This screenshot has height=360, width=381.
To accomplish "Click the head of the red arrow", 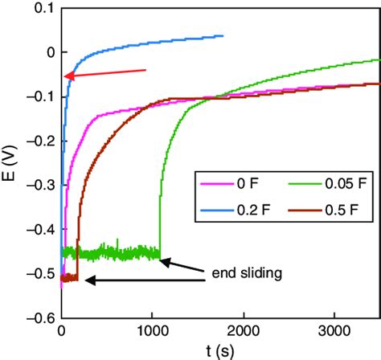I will click(66, 77).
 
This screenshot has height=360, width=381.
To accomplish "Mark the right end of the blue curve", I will click(223, 35).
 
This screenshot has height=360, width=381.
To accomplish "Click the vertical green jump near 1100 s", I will click(161, 217).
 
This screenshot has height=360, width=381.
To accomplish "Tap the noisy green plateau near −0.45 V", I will click(113, 252).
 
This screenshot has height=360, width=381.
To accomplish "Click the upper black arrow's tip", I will click(163, 258).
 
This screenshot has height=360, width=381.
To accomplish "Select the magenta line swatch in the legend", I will click(207, 185).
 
